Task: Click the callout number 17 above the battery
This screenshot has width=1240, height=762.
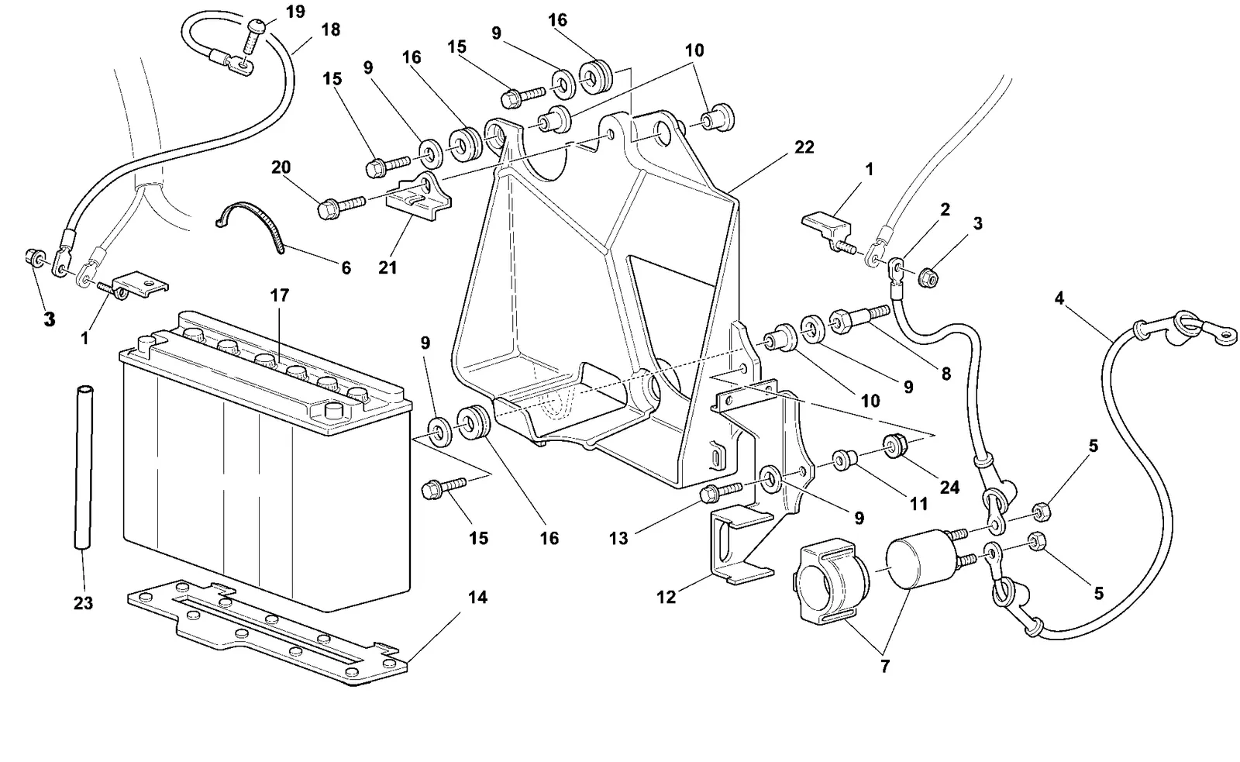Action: coord(280,295)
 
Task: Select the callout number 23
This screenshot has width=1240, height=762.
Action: coord(83,603)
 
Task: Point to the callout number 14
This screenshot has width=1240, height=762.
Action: coord(477,597)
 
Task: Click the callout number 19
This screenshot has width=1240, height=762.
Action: coord(295,12)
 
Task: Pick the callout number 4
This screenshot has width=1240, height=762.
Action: coord(1059,298)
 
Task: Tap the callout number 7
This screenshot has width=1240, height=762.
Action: coord(884,667)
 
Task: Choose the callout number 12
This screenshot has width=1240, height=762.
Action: coord(666,597)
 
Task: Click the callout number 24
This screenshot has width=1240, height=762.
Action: coord(949,488)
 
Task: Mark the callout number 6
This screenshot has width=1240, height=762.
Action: coord(346,268)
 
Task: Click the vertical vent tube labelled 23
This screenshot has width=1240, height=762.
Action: coord(84,467)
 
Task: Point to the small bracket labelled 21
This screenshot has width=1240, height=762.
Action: coord(418,196)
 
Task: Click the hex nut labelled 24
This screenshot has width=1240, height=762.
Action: coord(891,446)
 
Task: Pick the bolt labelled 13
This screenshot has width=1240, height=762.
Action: coord(722,491)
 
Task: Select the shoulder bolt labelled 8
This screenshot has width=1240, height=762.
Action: coord(859,319)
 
